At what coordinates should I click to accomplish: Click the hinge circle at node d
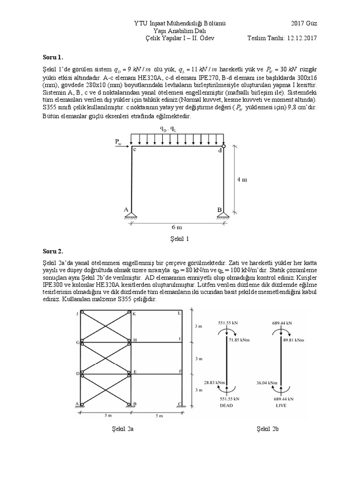click(224, 146)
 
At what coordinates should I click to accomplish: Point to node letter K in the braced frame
click(134, 314)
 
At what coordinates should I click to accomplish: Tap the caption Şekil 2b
click(268, 428)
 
